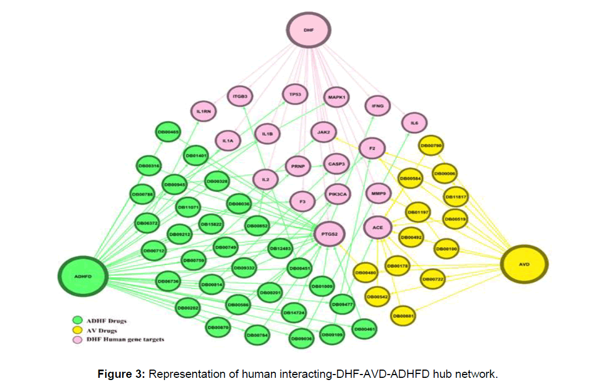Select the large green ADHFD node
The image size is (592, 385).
(83, 273)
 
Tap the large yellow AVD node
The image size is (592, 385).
(525, 264)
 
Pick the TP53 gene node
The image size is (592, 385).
(295, 95)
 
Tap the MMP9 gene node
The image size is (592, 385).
(378, 193)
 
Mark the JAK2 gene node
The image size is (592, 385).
(323, 132)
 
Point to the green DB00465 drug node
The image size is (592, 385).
(168, 132)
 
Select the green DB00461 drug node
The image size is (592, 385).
(363, 329)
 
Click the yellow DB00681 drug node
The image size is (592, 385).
(404, 316)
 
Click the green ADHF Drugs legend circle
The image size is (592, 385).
(78, 320)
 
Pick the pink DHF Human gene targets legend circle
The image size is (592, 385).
(78, 339)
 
